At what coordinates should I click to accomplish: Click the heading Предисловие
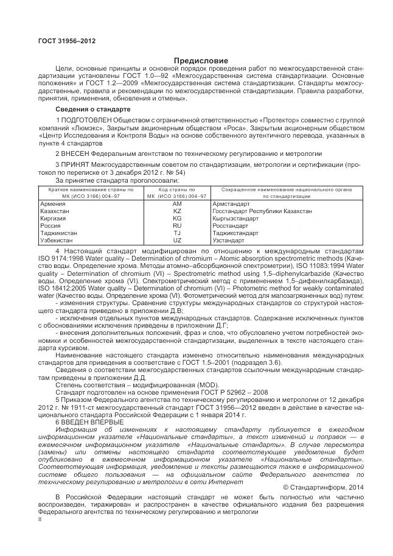[x=201, y=61]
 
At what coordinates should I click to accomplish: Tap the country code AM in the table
[x=177, y=203]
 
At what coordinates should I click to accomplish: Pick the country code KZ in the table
[x=177, y=211]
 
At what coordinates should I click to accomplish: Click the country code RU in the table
[x=177, y=225]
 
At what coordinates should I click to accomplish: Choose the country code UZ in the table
[x=177, y=240]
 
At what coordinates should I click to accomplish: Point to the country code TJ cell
[x=177, y=233]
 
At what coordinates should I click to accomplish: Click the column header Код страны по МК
[x=177, y=193]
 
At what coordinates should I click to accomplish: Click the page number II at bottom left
[x=40, y=520]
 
